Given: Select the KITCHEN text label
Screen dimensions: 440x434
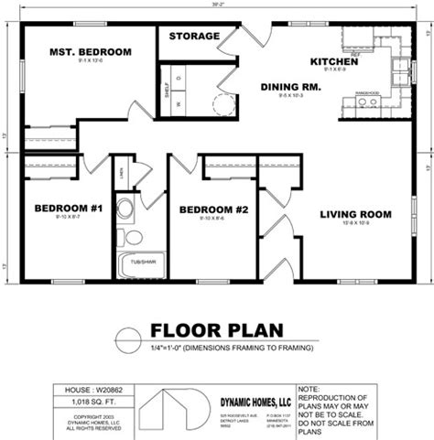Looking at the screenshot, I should tap(334, 61).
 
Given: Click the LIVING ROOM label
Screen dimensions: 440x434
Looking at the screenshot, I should tap(355, 214).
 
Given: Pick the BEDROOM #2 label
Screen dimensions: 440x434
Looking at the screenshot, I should tap(213, 209).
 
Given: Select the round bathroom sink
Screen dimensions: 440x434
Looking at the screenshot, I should tap(125, 209).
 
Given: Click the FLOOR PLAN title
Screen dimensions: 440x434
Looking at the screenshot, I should tap(216, 330).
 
